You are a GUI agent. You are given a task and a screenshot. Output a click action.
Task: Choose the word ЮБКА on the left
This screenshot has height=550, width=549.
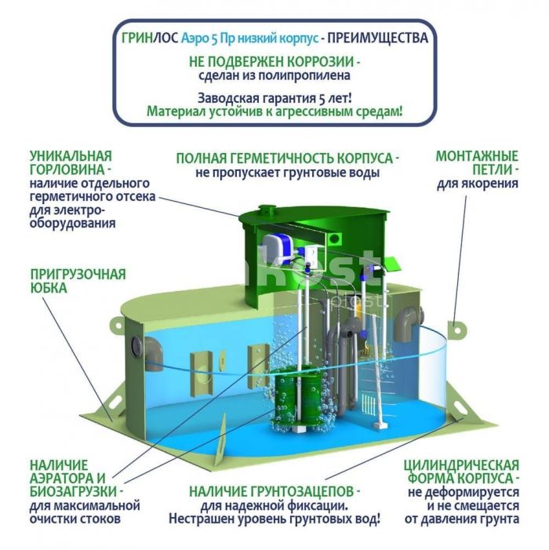49,288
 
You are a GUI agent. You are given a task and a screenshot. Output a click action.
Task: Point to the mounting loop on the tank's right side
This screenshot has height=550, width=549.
454,325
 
